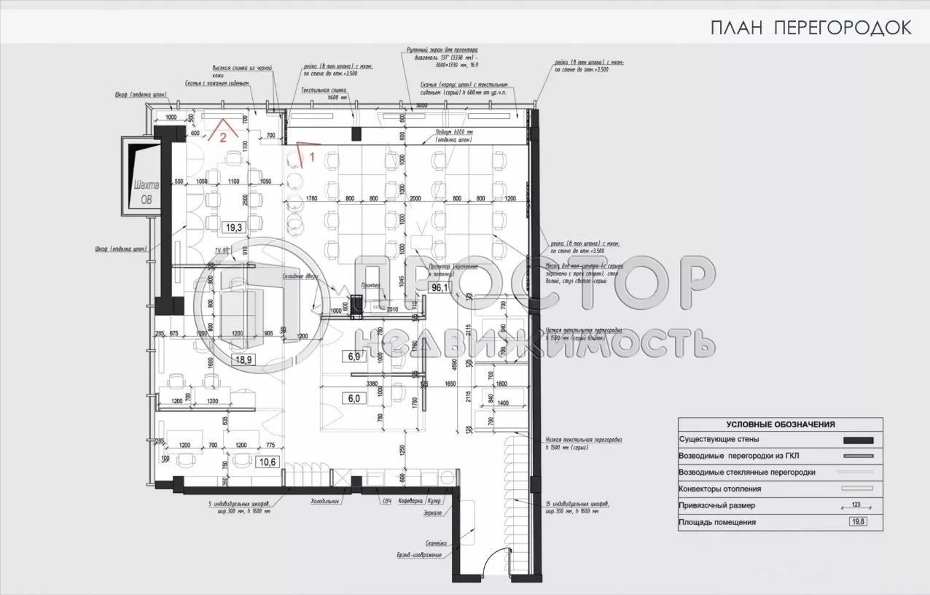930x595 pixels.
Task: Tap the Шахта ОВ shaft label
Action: click(x=142, y=190)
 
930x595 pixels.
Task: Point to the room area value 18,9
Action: click(x=242, y=359)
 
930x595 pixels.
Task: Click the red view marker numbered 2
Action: click(x=224, y=136)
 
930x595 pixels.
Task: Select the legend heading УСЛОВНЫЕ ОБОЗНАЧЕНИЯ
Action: click(x=780, y=424)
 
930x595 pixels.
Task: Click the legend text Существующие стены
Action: click(x=719, y=440)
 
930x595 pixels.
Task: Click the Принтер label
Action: click(x=371, y=286)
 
